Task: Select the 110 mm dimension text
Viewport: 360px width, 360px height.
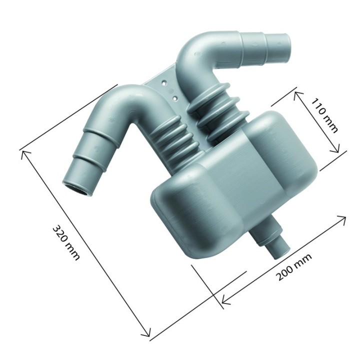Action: tap(324, 115)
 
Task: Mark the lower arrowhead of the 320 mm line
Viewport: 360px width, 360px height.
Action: tap(147, 335)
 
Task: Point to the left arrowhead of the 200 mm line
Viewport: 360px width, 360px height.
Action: tap(223, 301)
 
